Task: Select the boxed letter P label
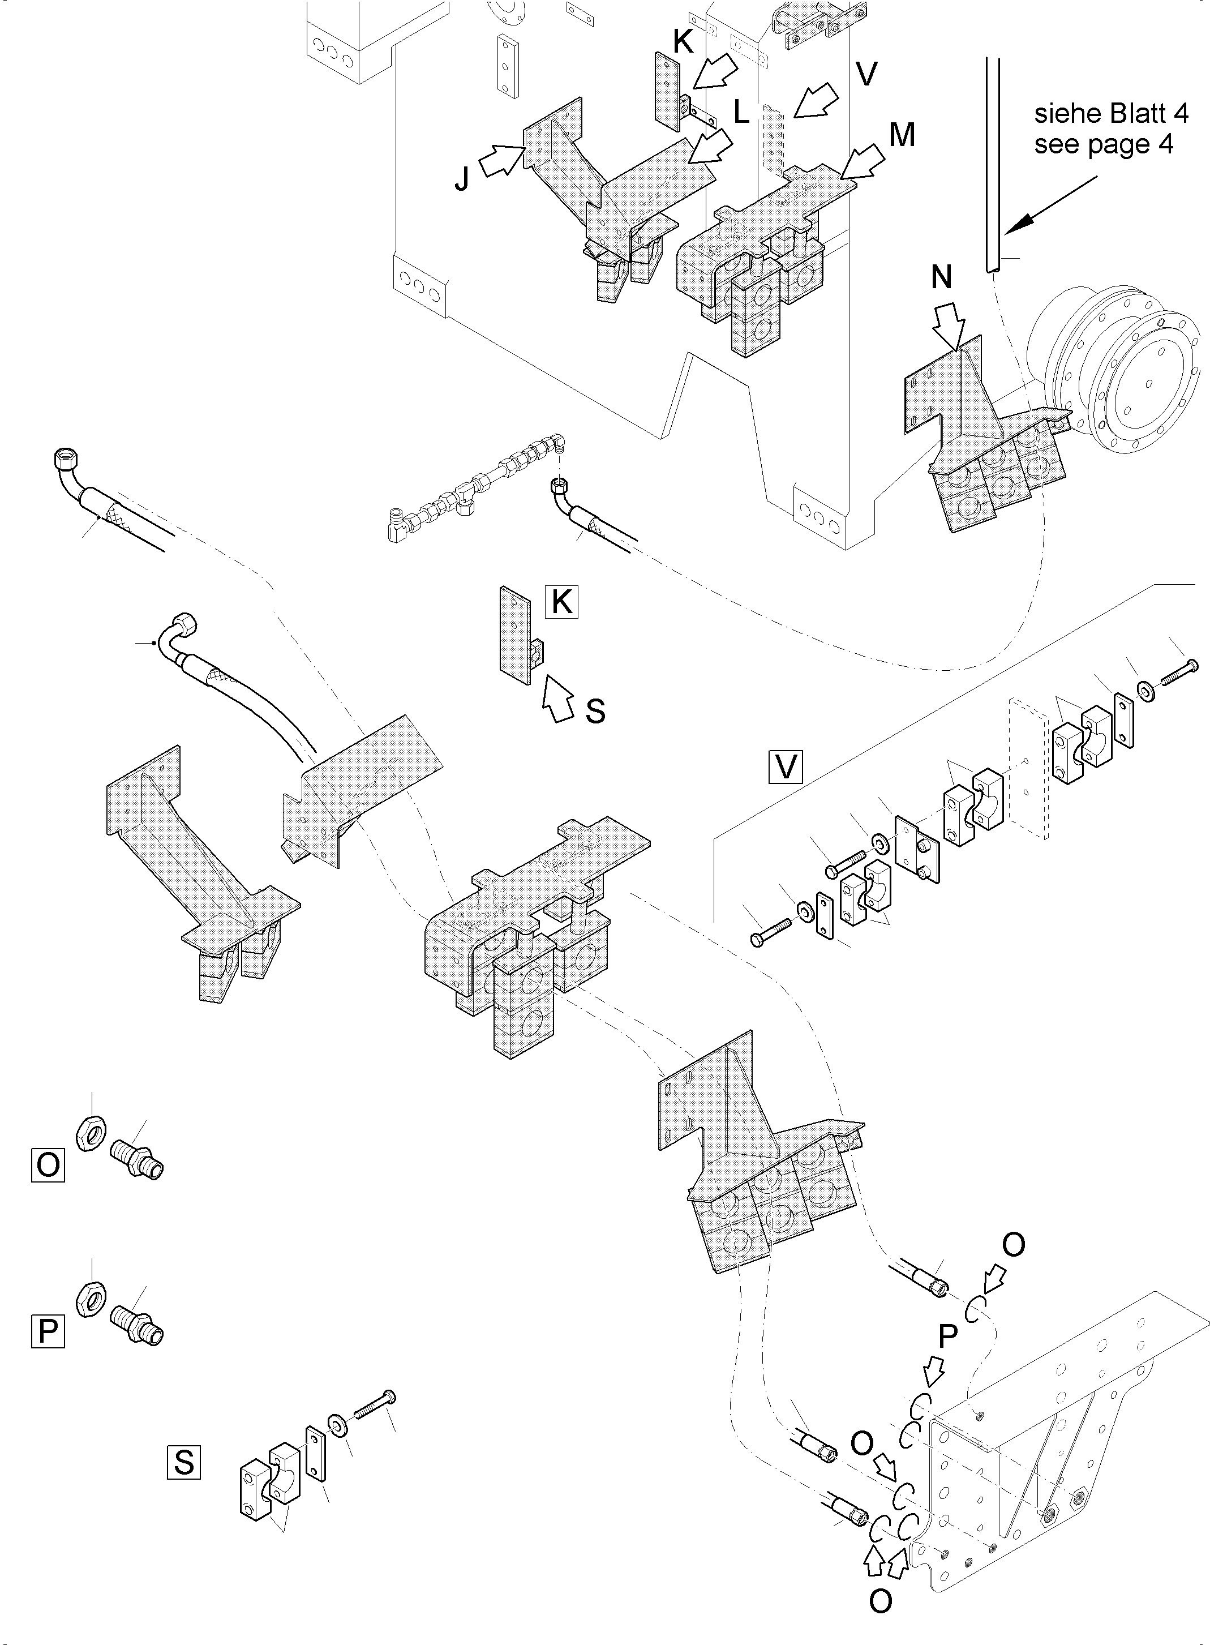[48, 1331]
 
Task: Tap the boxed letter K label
[562, 602]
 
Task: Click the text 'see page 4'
[1103, 144]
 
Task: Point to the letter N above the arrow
[941, 279]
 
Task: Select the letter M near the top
[902, 135]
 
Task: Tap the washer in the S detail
[338, 1425]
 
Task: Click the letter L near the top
[741, 113]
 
